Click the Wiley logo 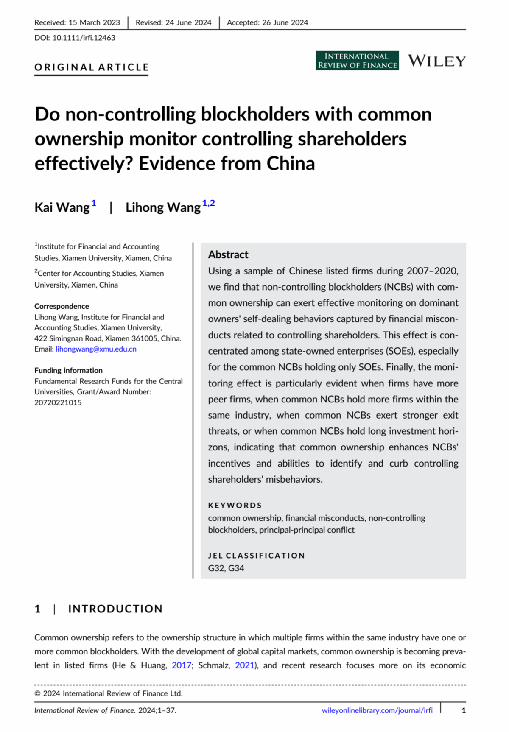pyautogui.click(x=436, y=61)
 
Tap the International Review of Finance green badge pyautogui.click(x=357, y=61)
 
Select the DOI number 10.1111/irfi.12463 pyautogui.click(x=84, y=38)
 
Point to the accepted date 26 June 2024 pyautogui.click(x=285, y=22)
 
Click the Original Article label pyautogui.click(x=92, y=67)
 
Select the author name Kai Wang pyautogui.click(x=62, y=207)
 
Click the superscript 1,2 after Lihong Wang pyautogui.click(x=208, y=203)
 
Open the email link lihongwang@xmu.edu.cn pyautogui.click(x=96, y=349)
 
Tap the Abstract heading pyautogui.click(x=228, y=254)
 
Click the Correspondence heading pyautogui.click(x=62, y=306)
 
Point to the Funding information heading pyautogui.click(x=68, y=370)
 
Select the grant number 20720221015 pyautogui.click(x=58, y=402)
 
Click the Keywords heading pyautogui.click(x=235, y=505)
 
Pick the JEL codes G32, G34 pyautogui.click(x=226, y=568)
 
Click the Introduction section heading pyautogui.click(x=115, y=609)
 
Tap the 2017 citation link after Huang pyautogui.click(x=181, y=665)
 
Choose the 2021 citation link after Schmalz pyautogui.click(x=244, y=665)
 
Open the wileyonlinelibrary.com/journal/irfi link pyautogui.click(x=377, y=710)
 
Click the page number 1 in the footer pyautogui.click(x=464, y=710)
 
